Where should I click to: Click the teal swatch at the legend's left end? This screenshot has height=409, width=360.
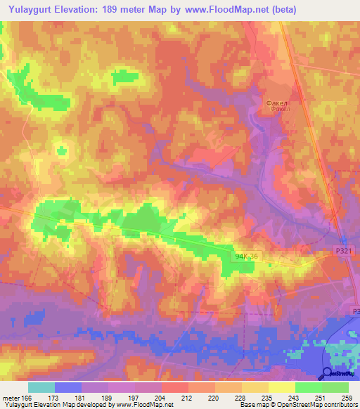click(x=41, y=387)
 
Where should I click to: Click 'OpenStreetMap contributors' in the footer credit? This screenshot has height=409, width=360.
click(x=318, y=405)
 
